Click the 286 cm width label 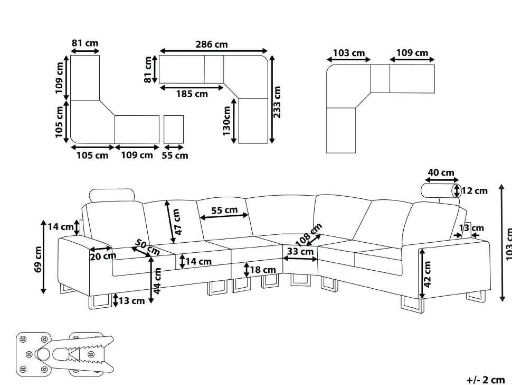212,44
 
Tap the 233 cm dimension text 277,102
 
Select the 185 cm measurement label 192,94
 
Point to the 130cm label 226,121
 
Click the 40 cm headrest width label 441,172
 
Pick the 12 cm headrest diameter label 475,191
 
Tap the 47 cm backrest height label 177,222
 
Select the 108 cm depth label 308,234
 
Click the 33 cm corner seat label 300,252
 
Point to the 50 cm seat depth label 148,247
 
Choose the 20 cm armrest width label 103,256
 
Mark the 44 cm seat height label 157,281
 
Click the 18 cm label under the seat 263,270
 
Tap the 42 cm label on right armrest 427,274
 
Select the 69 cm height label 38,259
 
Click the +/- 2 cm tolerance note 486,380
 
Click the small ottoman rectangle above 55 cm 174,129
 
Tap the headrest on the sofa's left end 112,195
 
